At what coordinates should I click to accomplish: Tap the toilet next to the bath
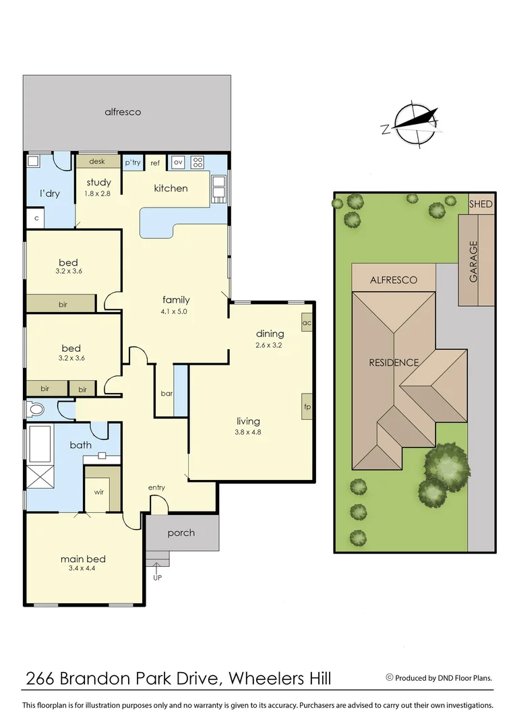pyautogui.click(x=34, y=409)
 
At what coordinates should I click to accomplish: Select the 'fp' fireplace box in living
pyautogui.click(x=307, y=406)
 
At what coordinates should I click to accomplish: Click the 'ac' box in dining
pyautogui.click(x=307, y=322)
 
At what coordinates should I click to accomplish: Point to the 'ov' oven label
pyautogui.click(x=178, y=162)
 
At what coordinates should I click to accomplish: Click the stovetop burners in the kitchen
pyautogui.click(x=198, y=162)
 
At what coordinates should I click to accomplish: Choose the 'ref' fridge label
pyautogui.click(x=155, y=163)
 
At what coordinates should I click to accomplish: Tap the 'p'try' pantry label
pyautogui.click(x=132, y=162)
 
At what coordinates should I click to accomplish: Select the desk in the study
pyautogui.click(x=97, y=162)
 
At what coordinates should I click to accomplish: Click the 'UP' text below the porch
pyautogui.click(x=158, y=577)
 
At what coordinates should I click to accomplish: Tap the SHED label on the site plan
pyautogui.click(x=481, y=204)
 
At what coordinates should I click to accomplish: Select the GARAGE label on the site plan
pyautogui.click(x=473, y=262)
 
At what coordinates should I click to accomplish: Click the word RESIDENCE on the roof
pyautogui.click(x=394, y=363)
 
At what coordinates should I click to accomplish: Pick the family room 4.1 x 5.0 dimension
pyautogui.click(x=176, y=311)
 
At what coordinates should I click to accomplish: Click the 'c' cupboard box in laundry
pyautogui.click(x=35, y=218)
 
